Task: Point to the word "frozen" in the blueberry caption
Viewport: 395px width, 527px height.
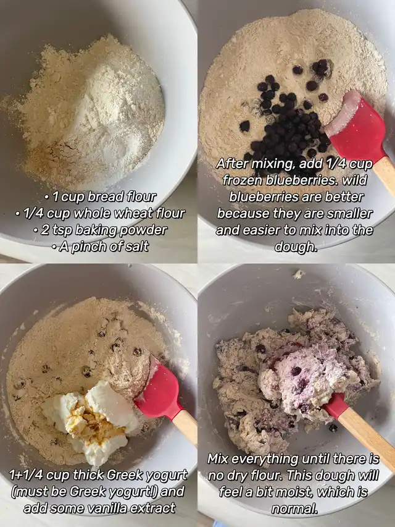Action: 243,180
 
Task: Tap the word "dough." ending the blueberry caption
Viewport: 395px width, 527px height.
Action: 296,247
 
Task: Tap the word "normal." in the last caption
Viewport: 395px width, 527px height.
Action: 294,509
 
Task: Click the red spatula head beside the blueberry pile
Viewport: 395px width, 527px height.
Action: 357,127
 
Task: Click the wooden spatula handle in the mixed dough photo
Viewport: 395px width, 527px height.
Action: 366,435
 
